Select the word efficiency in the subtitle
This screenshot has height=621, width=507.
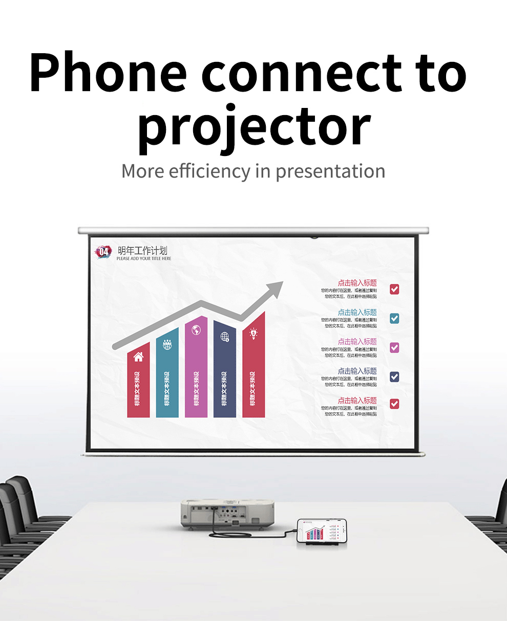click(x=210, y=171)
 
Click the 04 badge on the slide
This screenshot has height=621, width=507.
click(x=103, y=252)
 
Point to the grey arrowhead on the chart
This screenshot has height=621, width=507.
click(x=275, y=290)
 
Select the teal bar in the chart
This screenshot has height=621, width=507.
click(x=167, y=373)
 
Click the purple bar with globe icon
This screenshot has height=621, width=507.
click(x=196, y=368)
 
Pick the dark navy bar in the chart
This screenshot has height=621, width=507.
click(x=225, y=371)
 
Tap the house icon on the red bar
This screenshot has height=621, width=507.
click(x=138, y=357)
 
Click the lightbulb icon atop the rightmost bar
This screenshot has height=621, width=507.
click(x=253, y=334)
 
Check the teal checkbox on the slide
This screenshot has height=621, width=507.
click(x=394, y=318)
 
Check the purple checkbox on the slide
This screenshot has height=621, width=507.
click(x=394, y=348)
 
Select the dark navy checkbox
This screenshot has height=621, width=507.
click(x=394, y=377)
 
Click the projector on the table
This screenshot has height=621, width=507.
click(x=227, y=513)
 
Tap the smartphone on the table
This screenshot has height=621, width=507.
click(x=322, y=531)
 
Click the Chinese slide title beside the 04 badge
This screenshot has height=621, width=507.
click(x=142, y=251)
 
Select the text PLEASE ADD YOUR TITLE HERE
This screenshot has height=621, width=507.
click(x=144, y=259)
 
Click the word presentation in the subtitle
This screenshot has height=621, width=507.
click(x=330, y=171)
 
